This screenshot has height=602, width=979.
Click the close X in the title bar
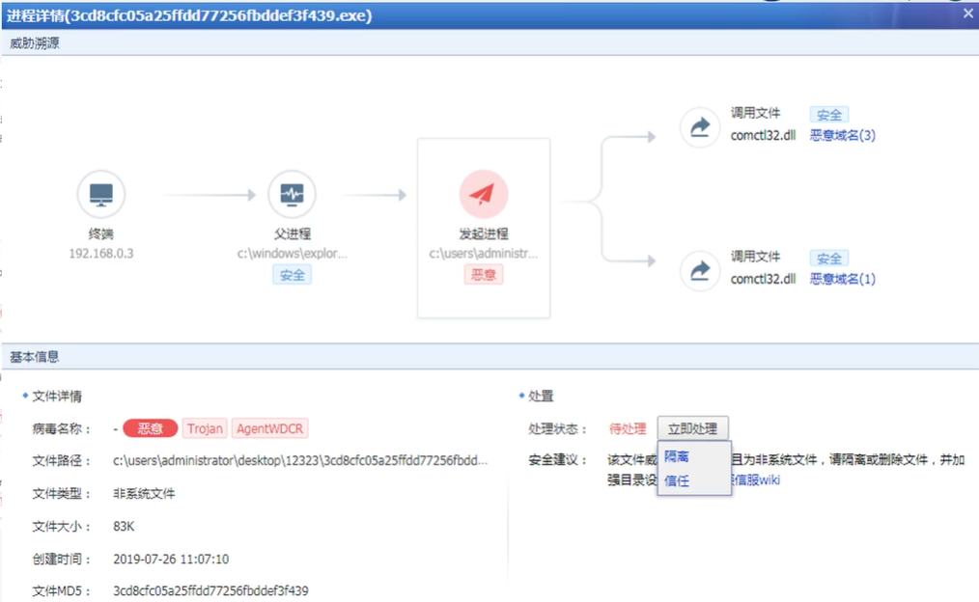click(x=968, y=14)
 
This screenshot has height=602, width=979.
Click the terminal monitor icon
click(x=101, y=195)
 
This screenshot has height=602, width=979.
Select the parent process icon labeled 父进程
click(x=292, y=195)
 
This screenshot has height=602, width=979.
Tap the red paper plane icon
click(x=483, y=195)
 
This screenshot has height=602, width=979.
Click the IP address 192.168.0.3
click(x=101, y=254)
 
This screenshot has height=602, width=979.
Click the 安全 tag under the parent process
click(x=292, y=275)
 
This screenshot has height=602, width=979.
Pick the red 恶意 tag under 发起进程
click(x=483, y=275)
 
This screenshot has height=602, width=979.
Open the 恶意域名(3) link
click(x=842, y=136)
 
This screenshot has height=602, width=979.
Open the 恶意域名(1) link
click(x=842, y=280)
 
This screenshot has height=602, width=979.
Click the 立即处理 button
click(x=692, y=429)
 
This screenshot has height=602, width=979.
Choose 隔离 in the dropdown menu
click(x=677, y=457)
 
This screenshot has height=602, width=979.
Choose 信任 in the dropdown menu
click(x=677, y=480)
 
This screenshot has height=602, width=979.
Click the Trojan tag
click(x=205, y=429)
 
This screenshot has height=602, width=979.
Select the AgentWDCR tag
click(x=270, y=429)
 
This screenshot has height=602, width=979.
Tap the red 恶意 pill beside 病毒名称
click(x=151, y=429)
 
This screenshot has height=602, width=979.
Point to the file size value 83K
click(x=124, y=527)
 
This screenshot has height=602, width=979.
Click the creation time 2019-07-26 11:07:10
click(x=171, y=560)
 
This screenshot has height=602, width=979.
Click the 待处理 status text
click(x=628, y=429)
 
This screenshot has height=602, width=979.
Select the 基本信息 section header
click(x=35, y=357)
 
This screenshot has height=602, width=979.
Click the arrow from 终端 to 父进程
click(x=209, y=196)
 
